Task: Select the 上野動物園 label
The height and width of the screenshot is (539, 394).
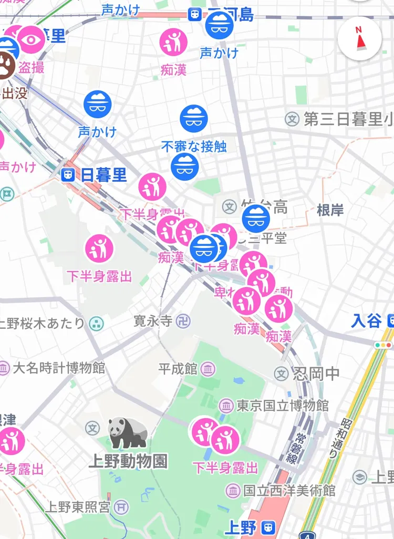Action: [128, 462]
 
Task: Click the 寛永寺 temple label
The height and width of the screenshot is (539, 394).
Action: [153, 321]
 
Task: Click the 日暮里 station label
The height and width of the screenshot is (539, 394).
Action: [103, 175]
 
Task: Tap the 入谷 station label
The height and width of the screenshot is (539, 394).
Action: [367, 320]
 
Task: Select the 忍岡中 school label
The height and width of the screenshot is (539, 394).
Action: [316, 374]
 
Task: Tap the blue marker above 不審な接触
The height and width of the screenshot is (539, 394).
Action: [194, 119]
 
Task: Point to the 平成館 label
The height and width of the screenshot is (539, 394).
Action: [178, 369]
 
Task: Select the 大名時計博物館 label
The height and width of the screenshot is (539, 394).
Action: [58, 367]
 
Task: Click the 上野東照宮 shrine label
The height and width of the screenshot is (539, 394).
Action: [77, 507]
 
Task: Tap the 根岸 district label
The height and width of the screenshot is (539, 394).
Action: [330, 211]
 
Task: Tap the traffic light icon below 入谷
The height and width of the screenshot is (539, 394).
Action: [383, 345]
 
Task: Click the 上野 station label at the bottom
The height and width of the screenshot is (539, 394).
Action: [241, 526]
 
